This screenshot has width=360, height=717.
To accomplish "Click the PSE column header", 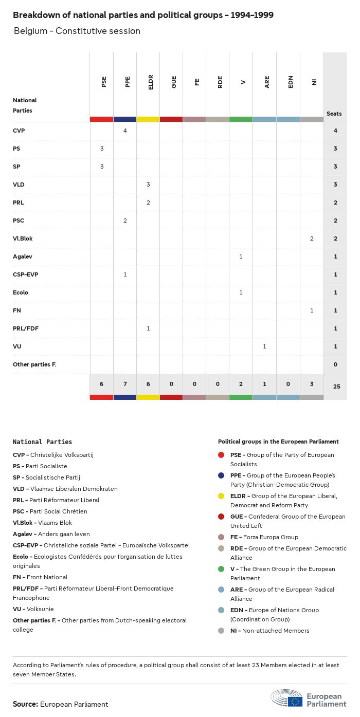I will (104, 82).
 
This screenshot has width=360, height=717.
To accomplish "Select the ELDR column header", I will (151, 83).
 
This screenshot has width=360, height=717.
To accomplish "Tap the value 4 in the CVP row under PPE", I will (125, 131).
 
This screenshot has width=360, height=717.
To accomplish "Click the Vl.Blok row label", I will (23, 238).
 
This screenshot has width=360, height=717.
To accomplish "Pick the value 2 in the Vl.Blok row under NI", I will (312, 238).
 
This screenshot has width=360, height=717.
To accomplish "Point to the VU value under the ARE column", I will (264, 346).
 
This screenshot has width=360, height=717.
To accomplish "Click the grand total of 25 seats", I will (336, 386).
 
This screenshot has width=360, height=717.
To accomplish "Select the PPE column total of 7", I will (125, 385).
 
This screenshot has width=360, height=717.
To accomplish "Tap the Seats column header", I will (334, 114).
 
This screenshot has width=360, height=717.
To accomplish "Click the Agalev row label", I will (23, 256).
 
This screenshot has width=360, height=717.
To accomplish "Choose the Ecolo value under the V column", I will (241, 292).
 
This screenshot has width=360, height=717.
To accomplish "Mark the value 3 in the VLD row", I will (148, 185).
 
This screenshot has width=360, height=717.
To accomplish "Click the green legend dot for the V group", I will (221, 569).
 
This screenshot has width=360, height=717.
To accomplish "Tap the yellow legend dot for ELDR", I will (221, 496).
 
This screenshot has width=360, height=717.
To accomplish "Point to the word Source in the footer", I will (25, 704).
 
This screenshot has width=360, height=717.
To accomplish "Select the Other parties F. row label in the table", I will (34, 364).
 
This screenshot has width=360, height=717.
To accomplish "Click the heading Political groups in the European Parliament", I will (278, 442).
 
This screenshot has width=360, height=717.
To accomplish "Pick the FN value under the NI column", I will (312, 310).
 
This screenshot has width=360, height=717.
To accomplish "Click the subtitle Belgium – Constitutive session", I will (77, 31).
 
